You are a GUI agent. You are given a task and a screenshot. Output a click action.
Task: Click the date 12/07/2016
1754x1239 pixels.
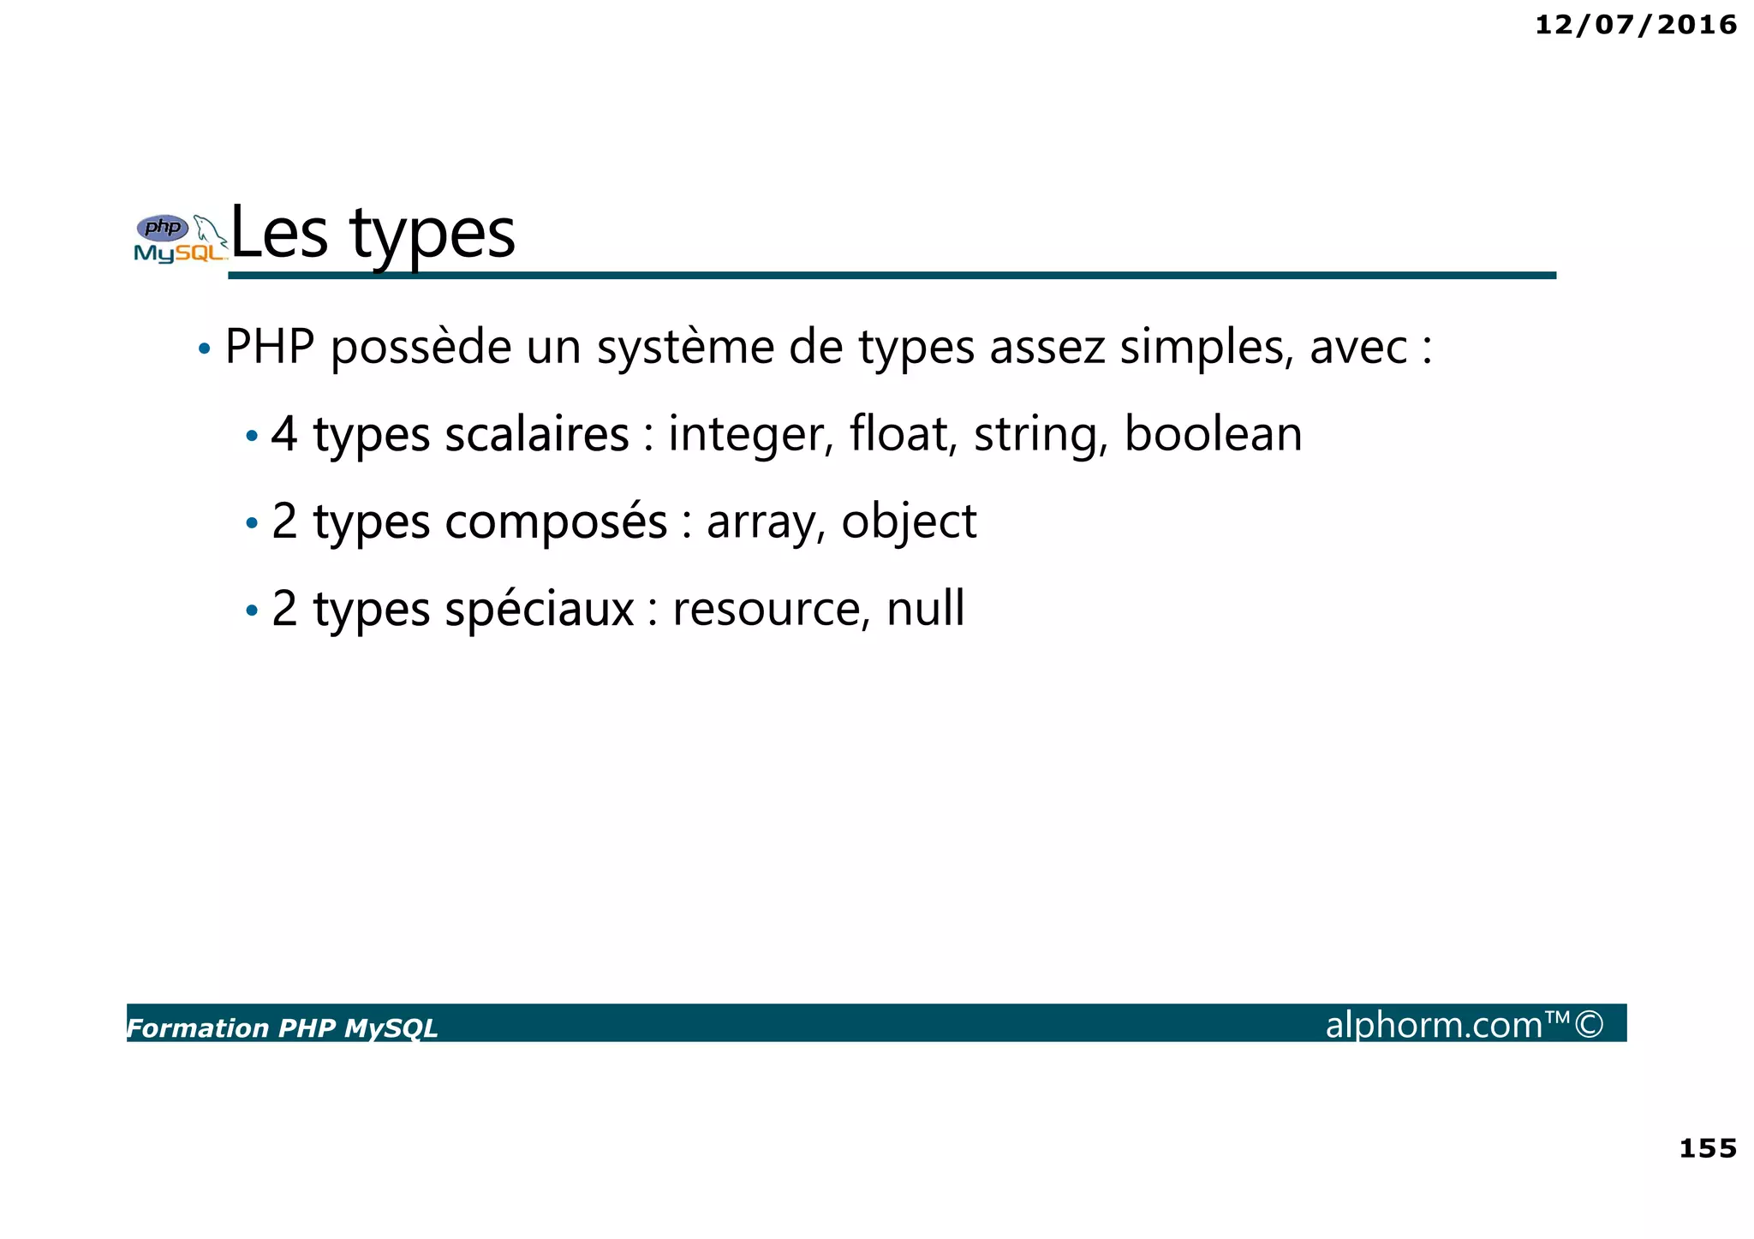(x=1635, y=25)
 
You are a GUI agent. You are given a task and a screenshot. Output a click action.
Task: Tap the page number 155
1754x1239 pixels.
(x=1707, y=1148)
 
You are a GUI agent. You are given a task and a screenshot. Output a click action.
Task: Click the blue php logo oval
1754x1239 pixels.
(x=163, y=228)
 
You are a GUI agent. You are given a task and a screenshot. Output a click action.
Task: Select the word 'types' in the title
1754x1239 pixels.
(x=433, y=235)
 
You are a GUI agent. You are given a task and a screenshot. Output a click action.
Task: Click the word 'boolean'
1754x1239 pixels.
(x=1213, y=433)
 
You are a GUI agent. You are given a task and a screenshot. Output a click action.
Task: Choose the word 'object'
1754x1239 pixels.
(x=909, y=522)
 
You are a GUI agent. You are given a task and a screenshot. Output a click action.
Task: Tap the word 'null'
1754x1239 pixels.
(x=925, y=608)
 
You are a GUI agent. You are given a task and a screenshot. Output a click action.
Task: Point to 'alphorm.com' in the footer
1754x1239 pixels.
(x=1434, y=1025)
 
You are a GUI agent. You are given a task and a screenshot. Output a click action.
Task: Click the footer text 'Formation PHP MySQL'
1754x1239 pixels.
(x=282, y=1028)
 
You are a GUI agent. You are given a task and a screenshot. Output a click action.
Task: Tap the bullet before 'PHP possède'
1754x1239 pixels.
(x=204, y=349)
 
